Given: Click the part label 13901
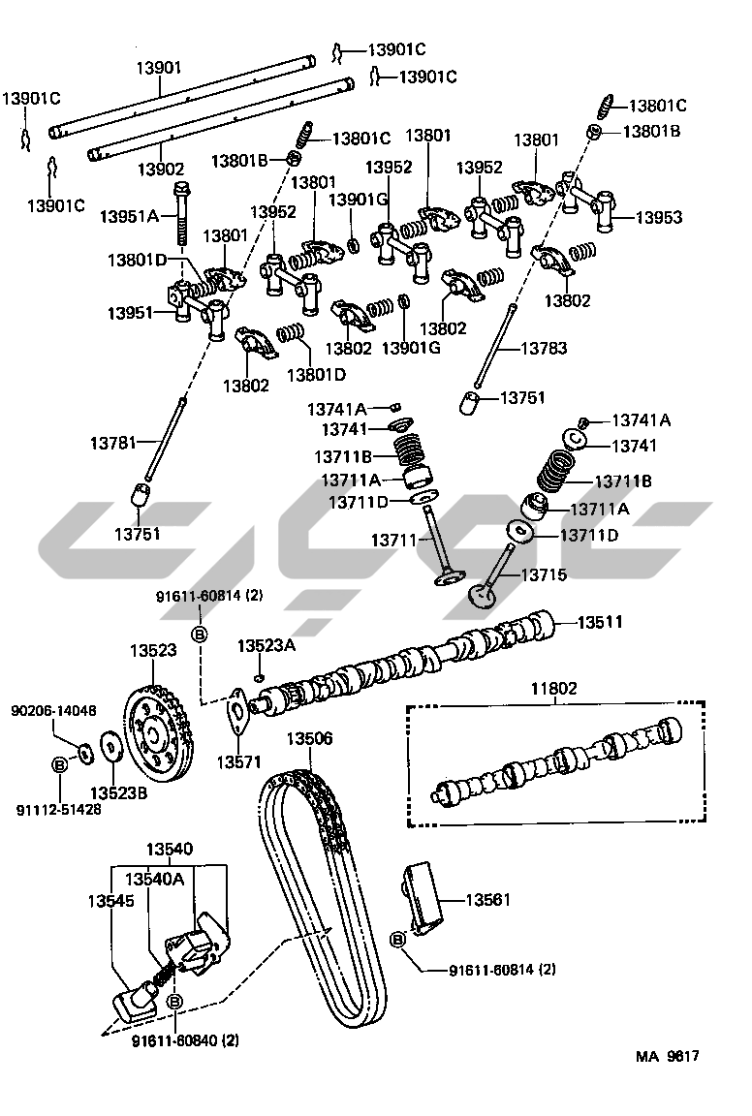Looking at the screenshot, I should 158,67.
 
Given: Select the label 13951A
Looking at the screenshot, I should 129,216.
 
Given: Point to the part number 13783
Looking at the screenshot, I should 545,348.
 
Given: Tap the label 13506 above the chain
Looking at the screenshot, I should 309,738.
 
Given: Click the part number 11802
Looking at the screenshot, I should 553,689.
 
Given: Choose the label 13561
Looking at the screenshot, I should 487,899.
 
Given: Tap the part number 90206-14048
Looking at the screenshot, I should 53,710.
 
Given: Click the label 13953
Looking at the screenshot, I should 659,218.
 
